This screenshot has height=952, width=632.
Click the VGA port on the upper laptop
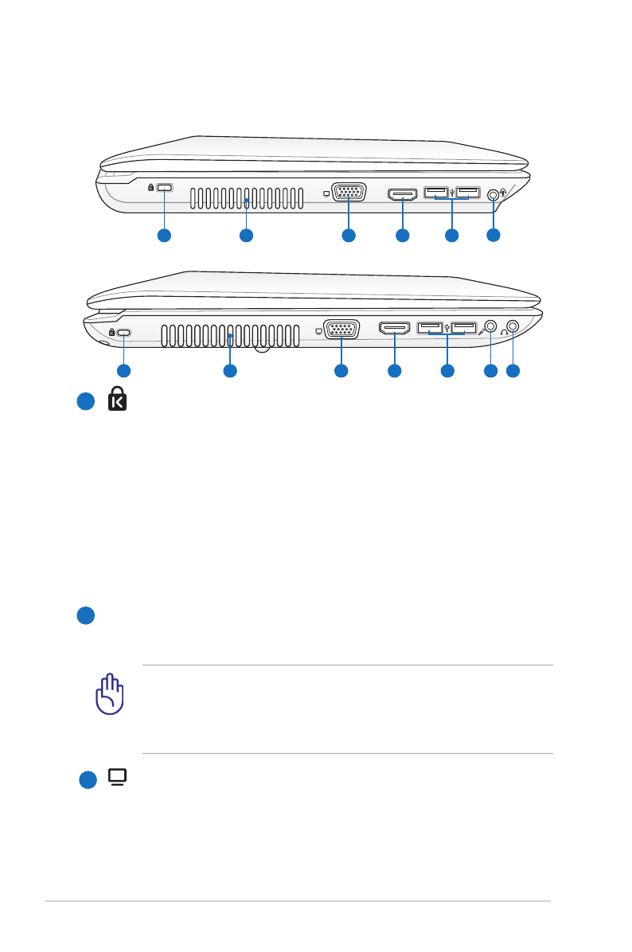[x=349, y=193]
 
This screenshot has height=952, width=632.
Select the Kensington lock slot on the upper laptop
[x=165, y=187]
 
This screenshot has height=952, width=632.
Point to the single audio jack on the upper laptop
[x=494, y=193]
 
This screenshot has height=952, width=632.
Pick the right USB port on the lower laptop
[x=464, y=326]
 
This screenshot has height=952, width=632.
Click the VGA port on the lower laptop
[x=341, y=330]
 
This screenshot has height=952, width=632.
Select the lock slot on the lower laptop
[x=124, y=334]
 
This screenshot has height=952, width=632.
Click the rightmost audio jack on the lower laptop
[x=513, y=326]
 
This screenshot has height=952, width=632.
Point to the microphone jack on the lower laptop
[x=491, y=326]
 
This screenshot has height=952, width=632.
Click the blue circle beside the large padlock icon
[x=86, y=403]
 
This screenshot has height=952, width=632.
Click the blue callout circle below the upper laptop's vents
[x=246, y=235]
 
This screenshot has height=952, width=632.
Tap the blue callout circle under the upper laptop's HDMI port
[x=402, y=235]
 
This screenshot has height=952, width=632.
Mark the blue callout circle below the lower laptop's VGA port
[x=341, y=371]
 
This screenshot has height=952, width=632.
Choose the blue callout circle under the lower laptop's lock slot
[x=123, y=371]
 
